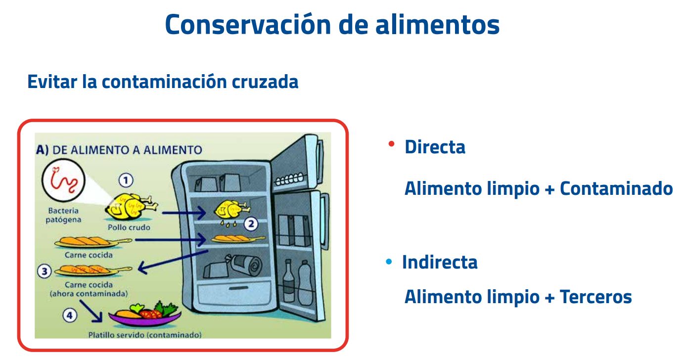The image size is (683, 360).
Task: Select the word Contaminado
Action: click(x=616, y=188)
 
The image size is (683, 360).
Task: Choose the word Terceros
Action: click(x=595, y=297)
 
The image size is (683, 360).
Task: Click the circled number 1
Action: click(x=127, y=180)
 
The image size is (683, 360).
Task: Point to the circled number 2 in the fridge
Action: click(x=251, y=224)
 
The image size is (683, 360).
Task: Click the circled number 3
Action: click(x=45, y=271)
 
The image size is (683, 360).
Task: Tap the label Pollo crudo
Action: click(x=129, y=227)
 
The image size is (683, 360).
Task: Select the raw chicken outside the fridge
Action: click(x=131, y=206)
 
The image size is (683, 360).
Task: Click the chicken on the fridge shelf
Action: click(x=230, y=210)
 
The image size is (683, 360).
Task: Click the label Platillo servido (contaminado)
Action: click(x=144, y=335)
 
